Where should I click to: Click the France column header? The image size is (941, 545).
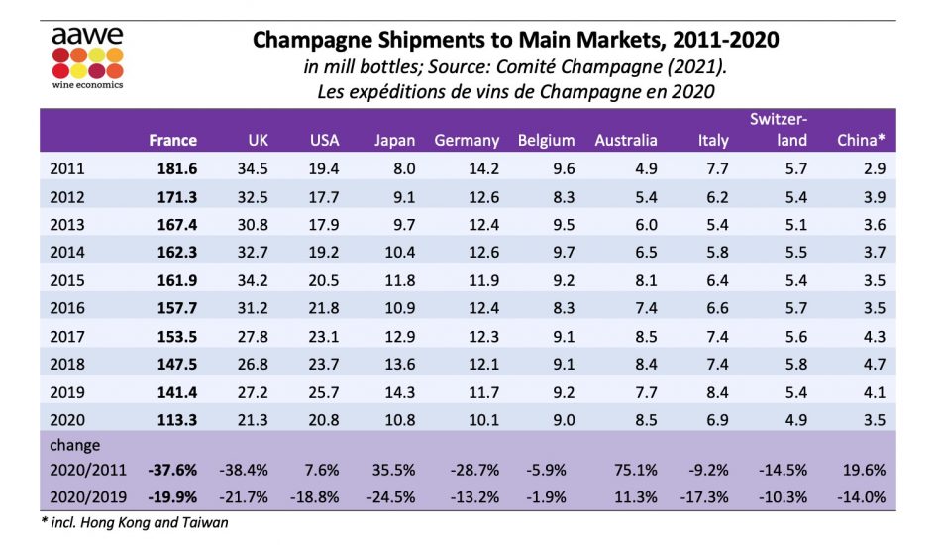pos(172,140)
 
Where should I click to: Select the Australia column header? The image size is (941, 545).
pos(625,140)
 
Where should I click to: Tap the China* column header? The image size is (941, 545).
pos(861,140)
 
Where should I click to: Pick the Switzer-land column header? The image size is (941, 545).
pos(778,129)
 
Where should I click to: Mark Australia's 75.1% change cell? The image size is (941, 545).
pos(634,471)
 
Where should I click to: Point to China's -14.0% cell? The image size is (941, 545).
pos(861,495)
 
